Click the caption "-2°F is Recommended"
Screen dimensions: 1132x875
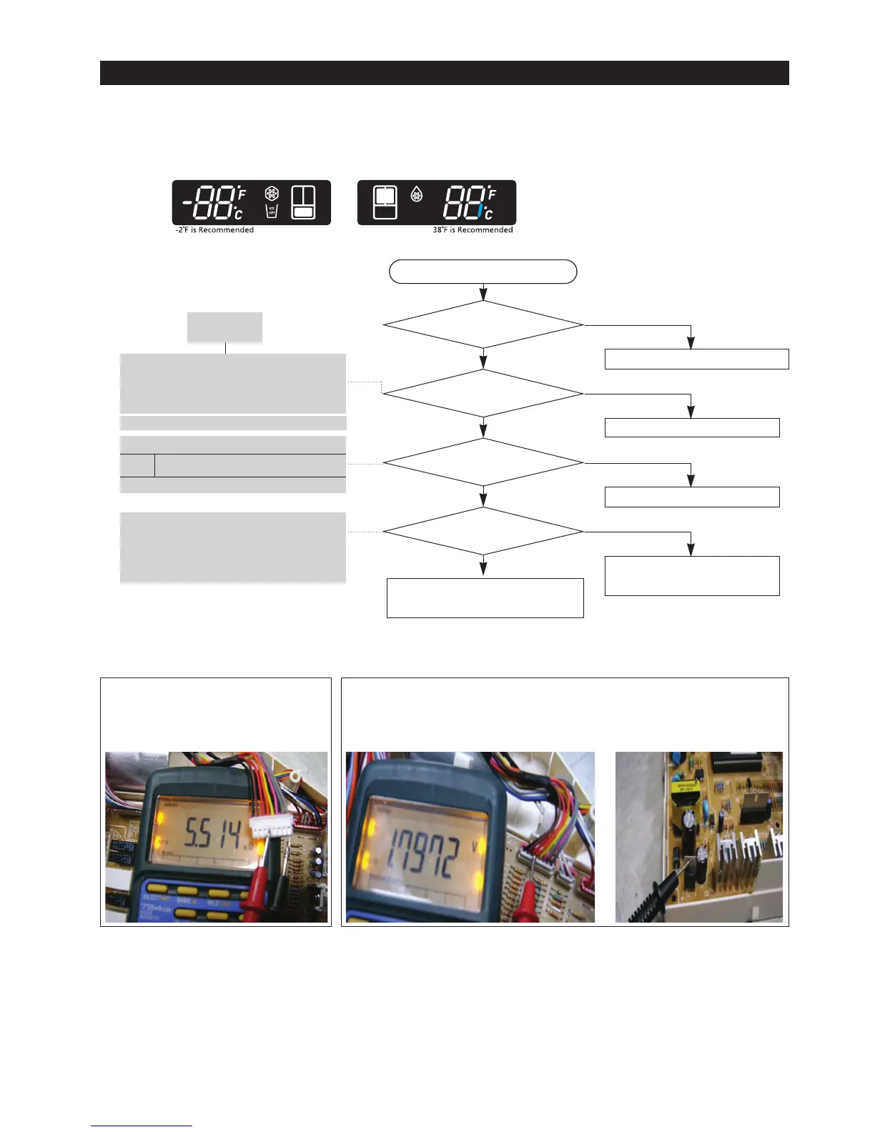[x=214, y=230]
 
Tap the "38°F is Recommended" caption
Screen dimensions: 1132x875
[x=473, y=230]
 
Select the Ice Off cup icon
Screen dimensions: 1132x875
[x=272, y=211]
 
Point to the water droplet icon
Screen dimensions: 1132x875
[x=417, y=194]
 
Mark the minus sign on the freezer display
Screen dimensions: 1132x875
[x=187, y=203]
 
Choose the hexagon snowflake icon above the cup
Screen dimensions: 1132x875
[x=272, y=194]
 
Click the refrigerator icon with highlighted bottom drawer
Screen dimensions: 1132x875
[x=304, y=202]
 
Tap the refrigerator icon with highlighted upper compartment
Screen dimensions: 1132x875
[x=385, y=202]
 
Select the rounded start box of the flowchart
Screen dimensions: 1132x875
[x=483, y=272]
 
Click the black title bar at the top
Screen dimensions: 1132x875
[x=444, y=73]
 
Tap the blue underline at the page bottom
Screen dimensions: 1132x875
[x=142, y=1126]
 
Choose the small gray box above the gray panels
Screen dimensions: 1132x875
[x=224, y=327]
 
